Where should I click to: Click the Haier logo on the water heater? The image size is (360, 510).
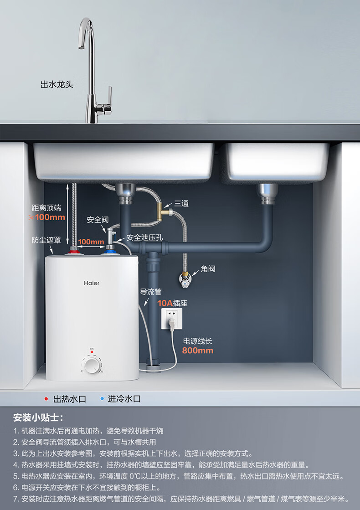coord(91,283)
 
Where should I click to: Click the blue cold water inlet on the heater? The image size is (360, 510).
coord(109,249)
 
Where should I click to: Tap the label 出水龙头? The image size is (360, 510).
coord(57,85)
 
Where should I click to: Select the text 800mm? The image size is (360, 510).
coord(198,350)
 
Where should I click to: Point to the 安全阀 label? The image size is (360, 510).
coord(98,220)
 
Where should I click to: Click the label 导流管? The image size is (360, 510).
coord(150,292)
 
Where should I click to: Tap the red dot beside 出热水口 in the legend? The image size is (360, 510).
coord(46,399)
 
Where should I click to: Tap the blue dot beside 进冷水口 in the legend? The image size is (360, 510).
coord(102,399)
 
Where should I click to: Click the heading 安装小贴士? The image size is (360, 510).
coord(38,417)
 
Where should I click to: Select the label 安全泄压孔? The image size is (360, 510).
coord(144,237)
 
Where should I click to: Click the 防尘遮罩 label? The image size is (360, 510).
coord(46,240)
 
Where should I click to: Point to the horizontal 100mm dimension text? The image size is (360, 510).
coord(91,242)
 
